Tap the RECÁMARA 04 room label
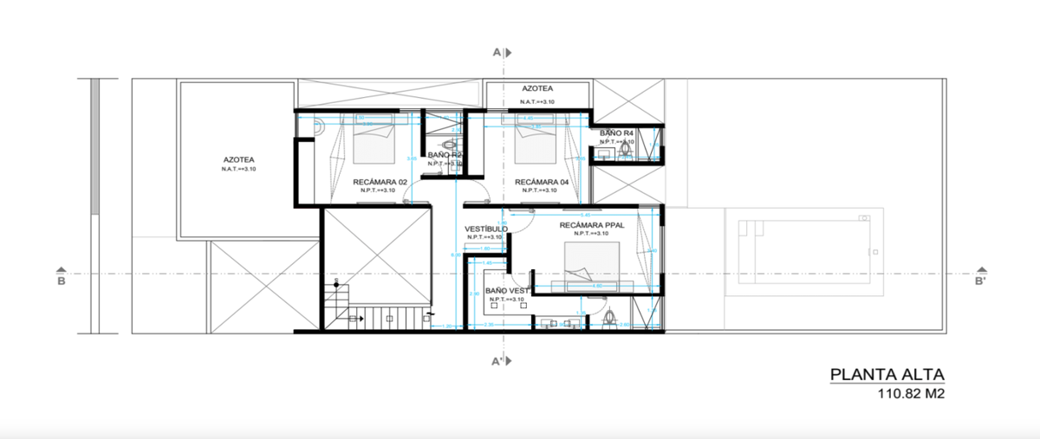click(541, 183)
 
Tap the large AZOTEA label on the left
click(238, 160)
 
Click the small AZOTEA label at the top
click(536, 88)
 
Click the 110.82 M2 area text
click(909, 394)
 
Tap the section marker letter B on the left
click(61, 281)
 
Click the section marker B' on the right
click(979, 281)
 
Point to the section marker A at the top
click(497, 53)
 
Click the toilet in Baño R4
click(625, 152)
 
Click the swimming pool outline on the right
click(802, 251)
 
